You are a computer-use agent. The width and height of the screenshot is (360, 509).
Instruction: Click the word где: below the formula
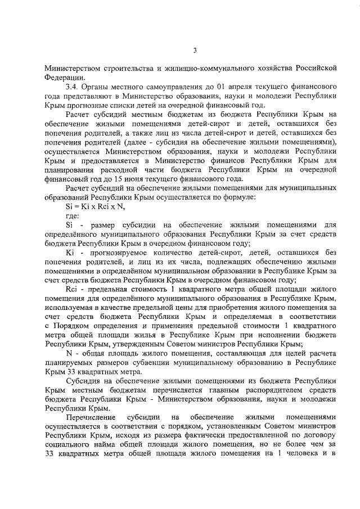pos(74,216)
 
